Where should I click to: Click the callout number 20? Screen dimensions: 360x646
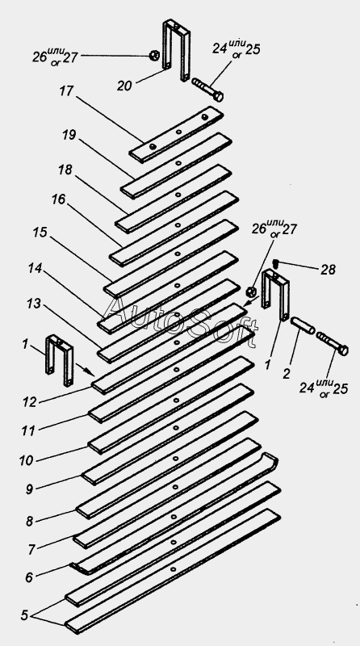(126, 85)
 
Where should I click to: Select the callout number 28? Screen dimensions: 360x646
(329, 270)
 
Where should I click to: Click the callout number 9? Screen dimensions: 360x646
(28, 489)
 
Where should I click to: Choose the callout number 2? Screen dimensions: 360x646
(287, 373)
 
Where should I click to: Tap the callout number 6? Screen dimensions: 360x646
(29, 577)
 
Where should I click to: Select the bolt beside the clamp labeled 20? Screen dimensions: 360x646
(208, 90)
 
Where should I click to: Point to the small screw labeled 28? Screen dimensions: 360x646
(277, 262)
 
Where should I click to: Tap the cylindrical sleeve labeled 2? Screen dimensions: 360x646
(303, 325)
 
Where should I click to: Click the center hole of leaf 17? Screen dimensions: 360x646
(178, 132)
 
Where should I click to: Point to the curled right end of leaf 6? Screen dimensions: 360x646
(270, 459)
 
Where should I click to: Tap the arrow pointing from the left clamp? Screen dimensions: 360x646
(86, 370)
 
